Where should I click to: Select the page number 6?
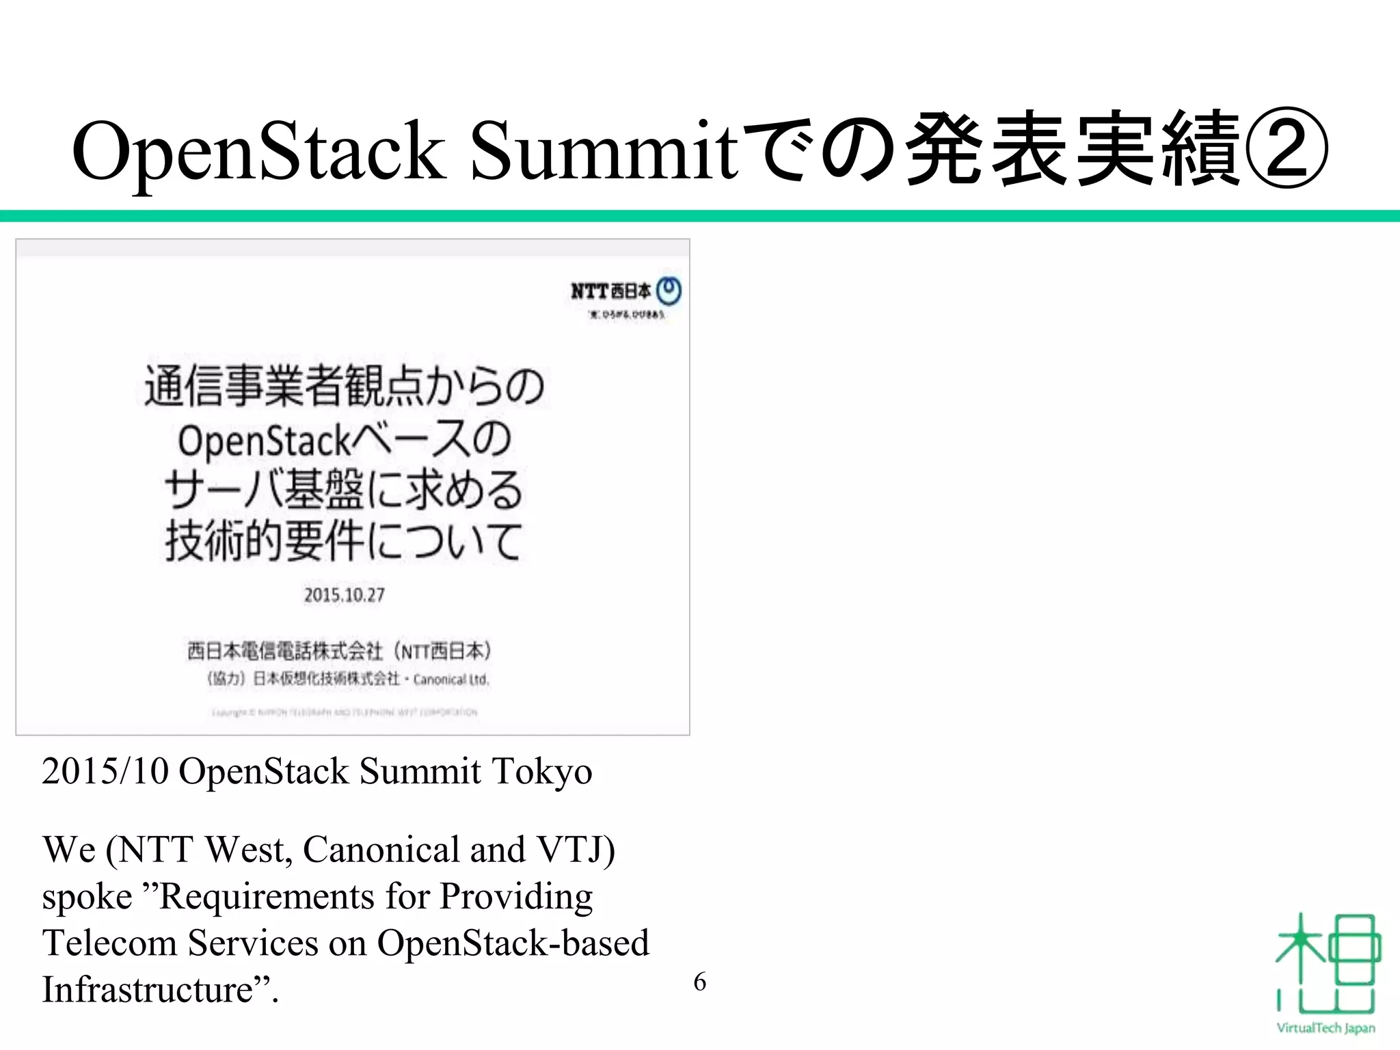click(699, 982)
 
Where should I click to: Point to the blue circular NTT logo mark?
click(669, 291)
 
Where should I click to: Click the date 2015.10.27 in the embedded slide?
click(345, 595)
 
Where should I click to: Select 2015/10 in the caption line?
click(105, 772)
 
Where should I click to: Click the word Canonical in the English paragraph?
click(380, 850)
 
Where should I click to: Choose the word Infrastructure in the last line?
click(148, 989)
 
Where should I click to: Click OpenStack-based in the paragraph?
click(513, 943)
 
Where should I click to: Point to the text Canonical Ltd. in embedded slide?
click(451, 679)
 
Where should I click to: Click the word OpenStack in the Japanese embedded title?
click(264, 440)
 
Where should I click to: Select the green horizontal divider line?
click(700, 216)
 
